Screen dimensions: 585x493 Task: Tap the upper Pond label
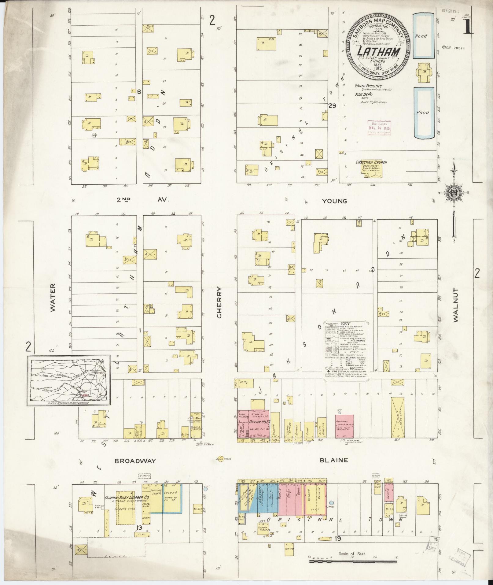coord(421,36)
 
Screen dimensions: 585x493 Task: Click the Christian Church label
coord(371,162)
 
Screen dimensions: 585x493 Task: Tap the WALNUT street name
coord(456,304)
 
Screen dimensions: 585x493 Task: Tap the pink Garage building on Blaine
coord(344,426)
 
